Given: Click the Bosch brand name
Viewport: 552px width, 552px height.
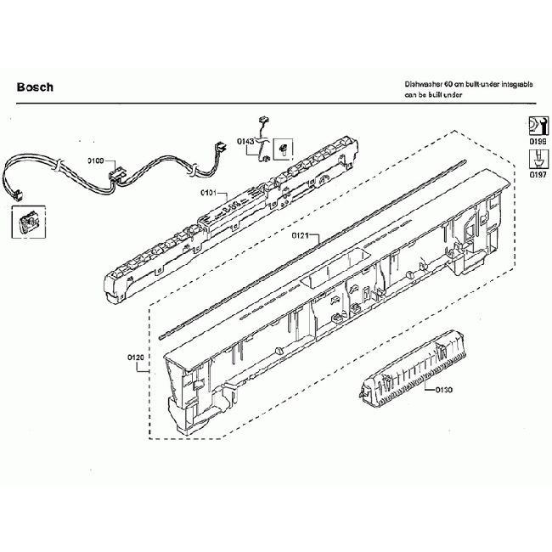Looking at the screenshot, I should [x=35, y=87].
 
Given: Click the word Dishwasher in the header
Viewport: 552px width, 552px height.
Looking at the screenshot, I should [x=423, y=87].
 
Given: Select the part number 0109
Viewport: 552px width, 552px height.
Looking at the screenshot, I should [x=95, y=160].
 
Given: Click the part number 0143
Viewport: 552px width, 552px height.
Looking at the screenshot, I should [x=245, y=141].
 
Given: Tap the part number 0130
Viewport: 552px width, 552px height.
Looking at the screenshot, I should [x=442, y=390].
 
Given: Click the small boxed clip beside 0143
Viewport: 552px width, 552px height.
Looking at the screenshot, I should [x=284, y=149].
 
